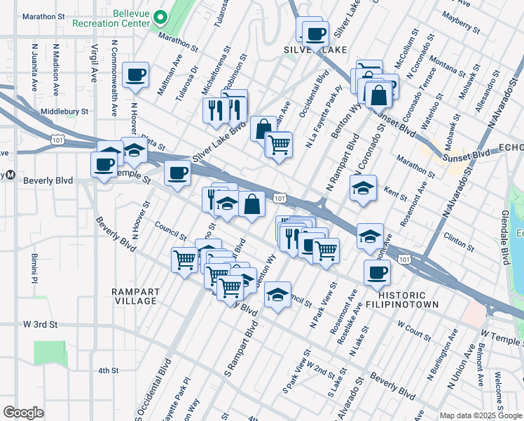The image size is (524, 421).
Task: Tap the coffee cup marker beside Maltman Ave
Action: coord(135,74)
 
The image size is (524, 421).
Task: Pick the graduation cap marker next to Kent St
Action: coord(363,189)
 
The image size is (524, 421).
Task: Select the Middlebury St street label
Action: coord(64,111)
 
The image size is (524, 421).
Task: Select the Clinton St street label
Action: coord(459,242)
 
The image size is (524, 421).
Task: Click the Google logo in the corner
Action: coord(23,412)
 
